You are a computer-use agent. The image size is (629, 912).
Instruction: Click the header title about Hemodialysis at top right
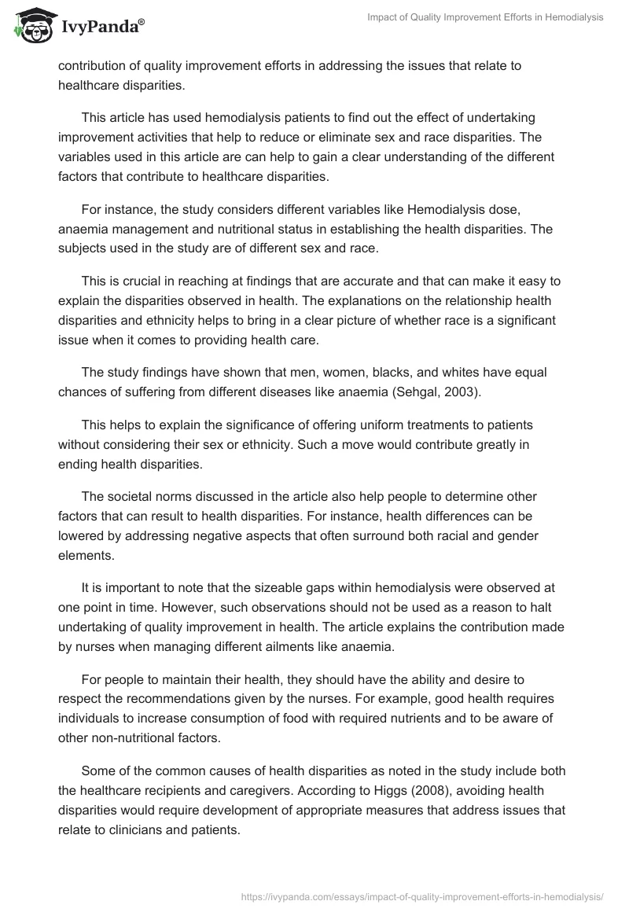pos(485,17)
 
